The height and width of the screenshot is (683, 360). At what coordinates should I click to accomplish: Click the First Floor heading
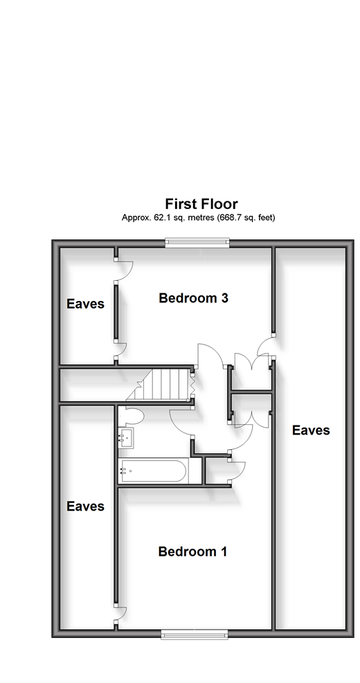[x=201, y=204]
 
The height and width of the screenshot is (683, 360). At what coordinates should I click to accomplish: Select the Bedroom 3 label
[x=194, y=298]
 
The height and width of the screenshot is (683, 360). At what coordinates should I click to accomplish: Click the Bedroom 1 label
[x=192, y=552]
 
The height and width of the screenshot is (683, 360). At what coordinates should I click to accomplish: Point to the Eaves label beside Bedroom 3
[x=85, y=304]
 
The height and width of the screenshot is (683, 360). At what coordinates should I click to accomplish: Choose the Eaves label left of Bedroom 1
[x=85, y=506]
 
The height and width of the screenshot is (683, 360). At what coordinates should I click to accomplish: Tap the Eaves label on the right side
[x=311, y=430]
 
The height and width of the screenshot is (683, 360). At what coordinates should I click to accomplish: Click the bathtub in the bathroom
[x=154, y=471]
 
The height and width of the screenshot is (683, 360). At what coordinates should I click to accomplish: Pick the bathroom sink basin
[x=126, y=438]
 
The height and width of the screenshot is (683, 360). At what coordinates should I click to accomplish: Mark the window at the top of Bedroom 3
[x=197, y=243]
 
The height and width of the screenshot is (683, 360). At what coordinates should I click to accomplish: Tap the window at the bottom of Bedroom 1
[x=195, y=634]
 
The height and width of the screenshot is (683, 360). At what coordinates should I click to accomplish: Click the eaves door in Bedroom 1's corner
[x=120, y=615]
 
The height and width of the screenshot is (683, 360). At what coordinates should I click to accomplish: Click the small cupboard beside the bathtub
[x=217, y=470]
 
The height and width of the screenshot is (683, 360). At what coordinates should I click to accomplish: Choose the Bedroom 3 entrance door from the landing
[x=211, y=354]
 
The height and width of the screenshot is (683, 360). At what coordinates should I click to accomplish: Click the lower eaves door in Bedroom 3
[x=120, y=351]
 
